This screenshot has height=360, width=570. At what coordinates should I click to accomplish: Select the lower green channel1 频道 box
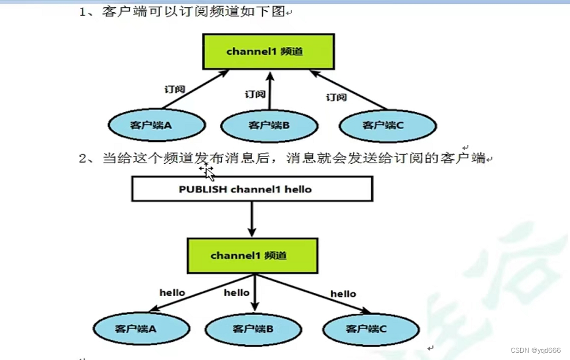(x=252, y=256)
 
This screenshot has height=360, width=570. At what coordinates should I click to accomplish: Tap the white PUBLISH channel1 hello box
(x=252, y=189)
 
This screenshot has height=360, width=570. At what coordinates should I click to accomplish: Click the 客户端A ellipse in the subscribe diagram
(x=157, y=125)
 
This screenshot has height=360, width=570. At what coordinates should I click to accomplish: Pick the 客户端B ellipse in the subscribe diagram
(x=269, y=125)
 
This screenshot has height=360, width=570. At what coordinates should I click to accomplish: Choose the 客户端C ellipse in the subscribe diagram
(x=387, y=125)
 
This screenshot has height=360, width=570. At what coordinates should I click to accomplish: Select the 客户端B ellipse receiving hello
(x=252, y=329)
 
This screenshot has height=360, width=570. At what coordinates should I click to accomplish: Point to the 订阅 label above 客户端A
(x=174, y=89)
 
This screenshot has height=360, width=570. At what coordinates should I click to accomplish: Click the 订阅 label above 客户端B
(x=255, y=94)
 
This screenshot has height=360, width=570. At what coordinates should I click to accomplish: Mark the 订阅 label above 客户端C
(x=336, y=97)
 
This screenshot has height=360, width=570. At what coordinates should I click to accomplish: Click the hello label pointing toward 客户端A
(x=172, y=292)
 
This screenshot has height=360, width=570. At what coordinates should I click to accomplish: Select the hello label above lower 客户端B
(x=237, y=292)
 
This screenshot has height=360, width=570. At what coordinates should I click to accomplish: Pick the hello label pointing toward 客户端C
(x=343, y=294)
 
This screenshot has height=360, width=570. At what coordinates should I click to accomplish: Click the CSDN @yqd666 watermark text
(x=535, y=350)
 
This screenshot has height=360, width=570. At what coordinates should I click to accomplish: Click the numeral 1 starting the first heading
(x=83, y=12)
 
